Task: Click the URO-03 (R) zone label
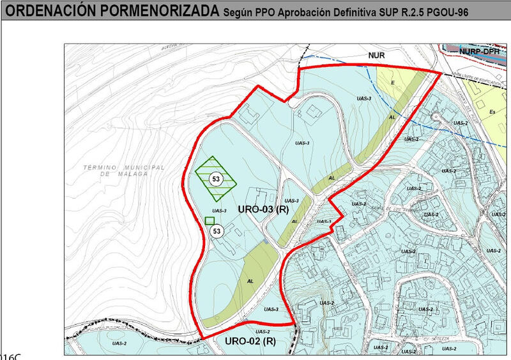(263, 210)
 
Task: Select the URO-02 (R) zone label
(250, 341)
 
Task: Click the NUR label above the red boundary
(376, 56)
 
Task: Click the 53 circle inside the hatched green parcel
(216, 179)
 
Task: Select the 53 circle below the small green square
(217, 231)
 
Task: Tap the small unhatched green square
(210, 220)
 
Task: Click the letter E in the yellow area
(392, 84)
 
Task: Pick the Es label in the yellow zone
(492, 112)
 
